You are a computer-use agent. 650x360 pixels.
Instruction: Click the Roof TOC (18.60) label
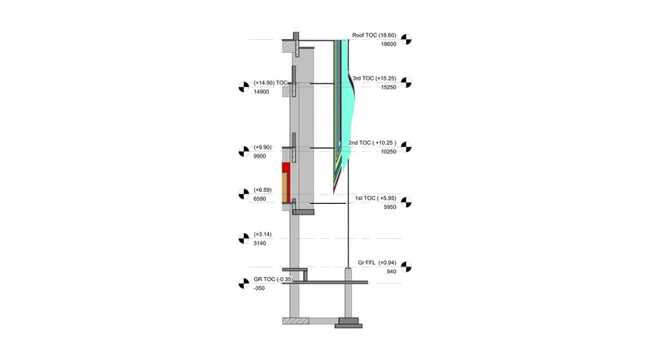tap(374, 35)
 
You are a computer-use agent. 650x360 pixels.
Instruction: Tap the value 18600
tap(388, 44)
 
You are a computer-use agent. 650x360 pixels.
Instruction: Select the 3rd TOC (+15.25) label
tap(375, 78)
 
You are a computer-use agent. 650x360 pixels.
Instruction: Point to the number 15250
tap(388, 87)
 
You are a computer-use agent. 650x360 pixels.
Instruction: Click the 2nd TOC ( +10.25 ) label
tap(372, 143)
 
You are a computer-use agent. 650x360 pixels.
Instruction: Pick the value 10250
tap(388, 151)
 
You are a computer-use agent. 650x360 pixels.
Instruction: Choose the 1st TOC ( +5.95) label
tap(375, 198)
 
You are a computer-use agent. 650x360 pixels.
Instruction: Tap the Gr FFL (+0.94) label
tap(377, 262)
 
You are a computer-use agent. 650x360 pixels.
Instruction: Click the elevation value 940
tap(392, 271)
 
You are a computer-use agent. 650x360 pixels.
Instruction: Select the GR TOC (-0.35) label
tap(273, 280)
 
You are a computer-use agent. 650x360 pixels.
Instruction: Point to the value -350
tap(259, 288)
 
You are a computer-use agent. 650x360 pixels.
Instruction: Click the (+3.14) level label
tap(262, 234)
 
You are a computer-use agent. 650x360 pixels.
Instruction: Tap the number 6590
tap(260, 198)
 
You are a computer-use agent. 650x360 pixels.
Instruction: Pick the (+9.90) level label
tap(262, 147)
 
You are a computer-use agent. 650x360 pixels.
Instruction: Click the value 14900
tap(261, 92)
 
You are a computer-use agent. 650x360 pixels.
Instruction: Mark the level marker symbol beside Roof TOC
tap(406, 39)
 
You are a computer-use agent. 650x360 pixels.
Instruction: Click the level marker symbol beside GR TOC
tap(244, 284)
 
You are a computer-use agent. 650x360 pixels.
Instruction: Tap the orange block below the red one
tap(285, 188)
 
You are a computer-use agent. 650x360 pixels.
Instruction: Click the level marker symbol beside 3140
tap(244, 238)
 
